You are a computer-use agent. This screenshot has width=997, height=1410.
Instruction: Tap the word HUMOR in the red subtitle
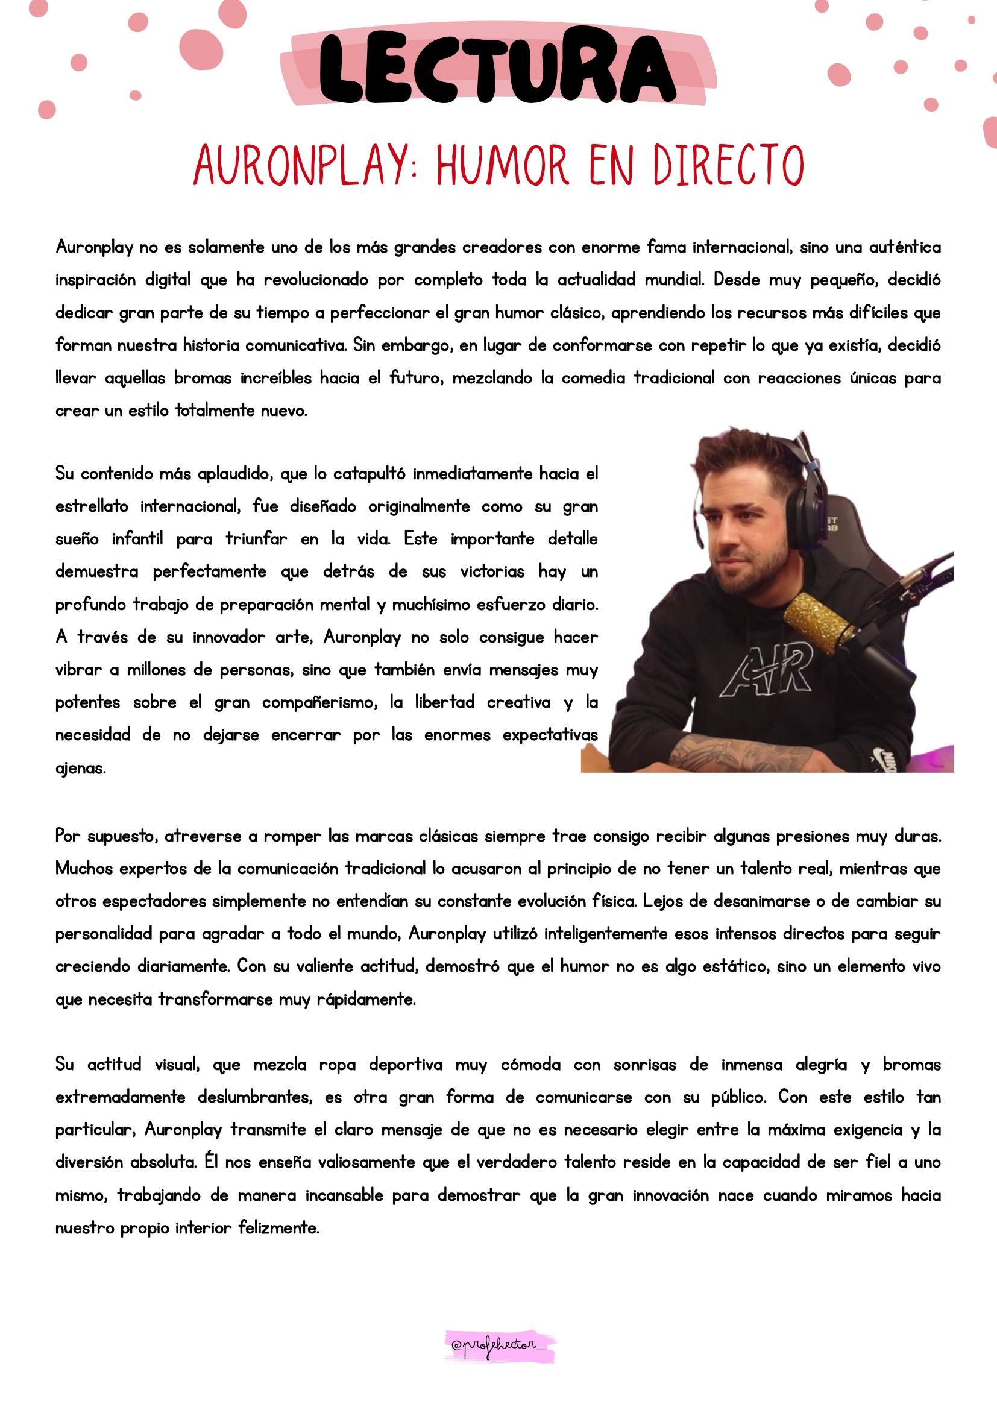point(503,166)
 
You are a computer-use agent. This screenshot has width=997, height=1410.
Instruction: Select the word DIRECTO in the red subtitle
point(728,166)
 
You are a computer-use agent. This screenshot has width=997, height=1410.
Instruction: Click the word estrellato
point(92,506)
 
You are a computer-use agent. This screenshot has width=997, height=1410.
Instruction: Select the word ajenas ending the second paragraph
point(80,768)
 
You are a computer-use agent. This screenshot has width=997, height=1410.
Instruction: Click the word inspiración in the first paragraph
point(95,280)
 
